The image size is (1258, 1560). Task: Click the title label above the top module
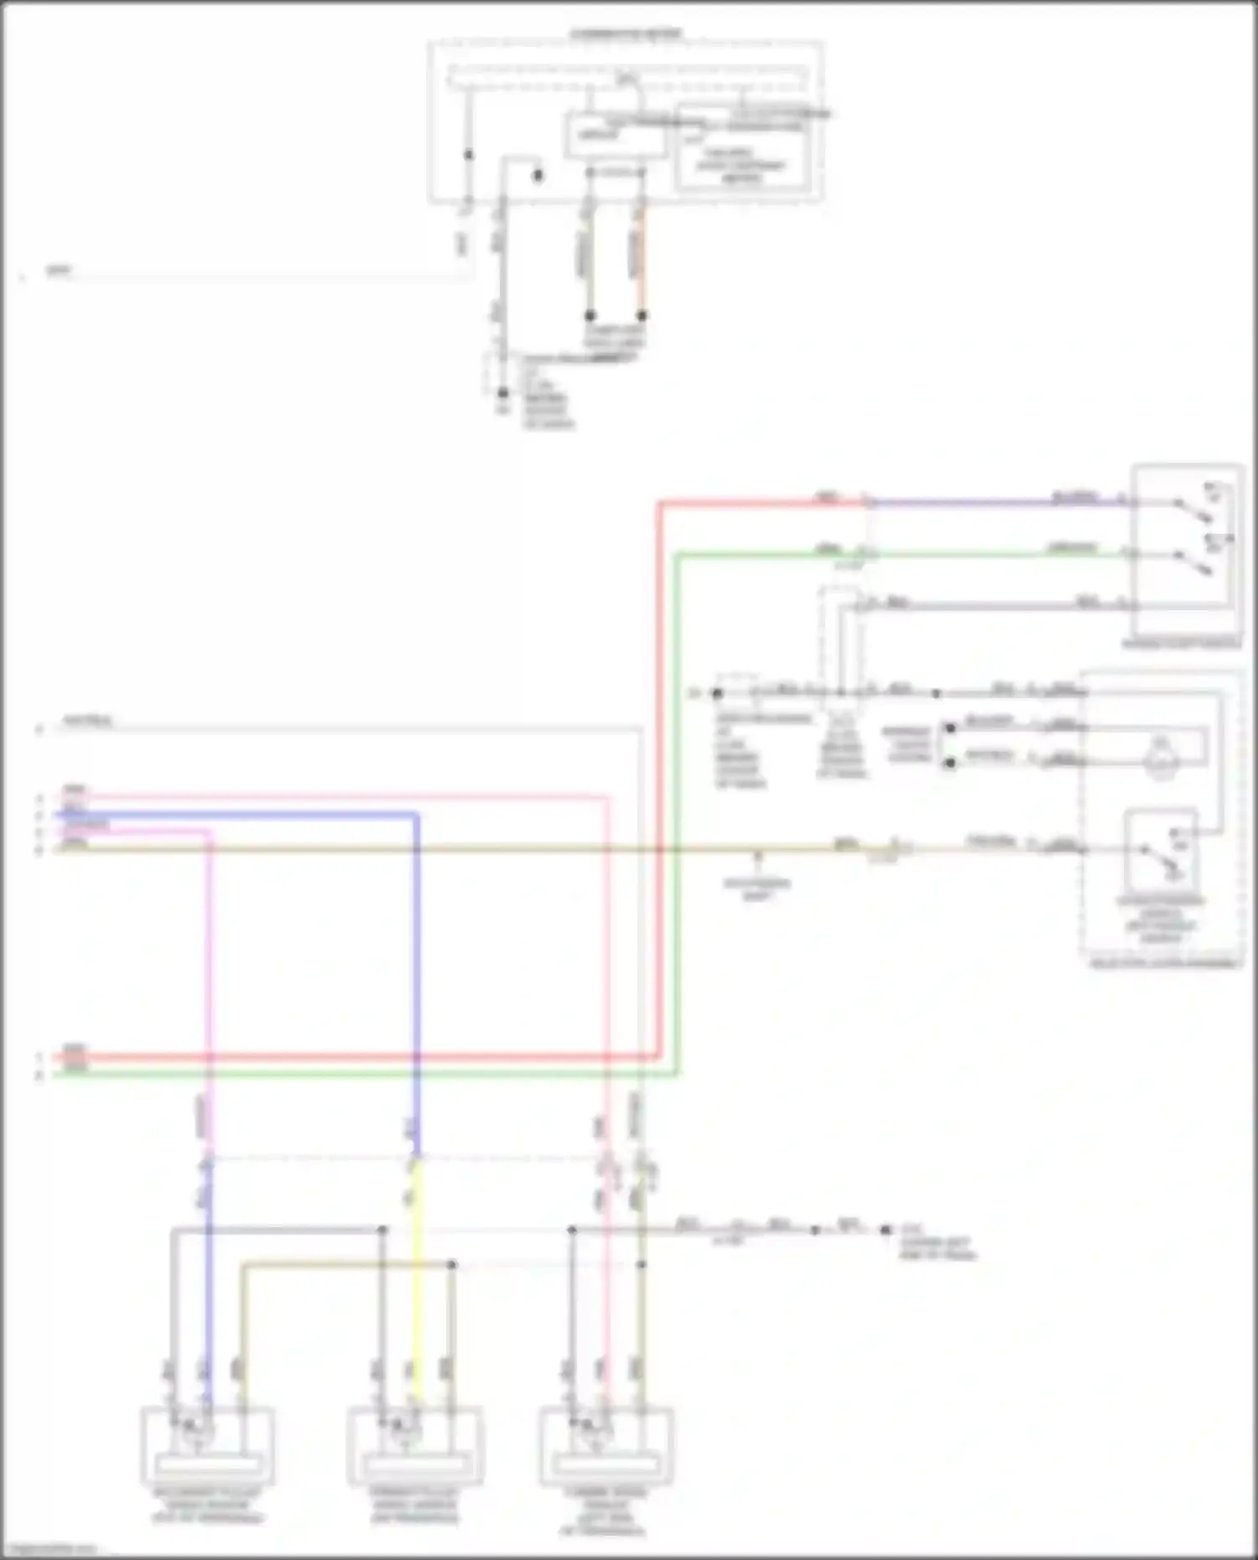point(626,34)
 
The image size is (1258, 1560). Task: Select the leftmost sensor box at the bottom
point(207,1444)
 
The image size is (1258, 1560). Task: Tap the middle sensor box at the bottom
point(415,1444)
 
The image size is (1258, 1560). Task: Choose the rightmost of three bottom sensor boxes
point(606,1444)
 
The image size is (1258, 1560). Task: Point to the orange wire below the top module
point(642,260)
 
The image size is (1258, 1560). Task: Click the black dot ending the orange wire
point(642,316)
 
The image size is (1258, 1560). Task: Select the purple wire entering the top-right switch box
point(998,503)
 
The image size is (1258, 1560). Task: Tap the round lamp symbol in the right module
point(1161,749)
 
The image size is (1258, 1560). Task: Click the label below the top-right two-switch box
point(1182,645)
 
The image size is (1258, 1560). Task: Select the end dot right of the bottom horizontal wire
point(886,1230)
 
